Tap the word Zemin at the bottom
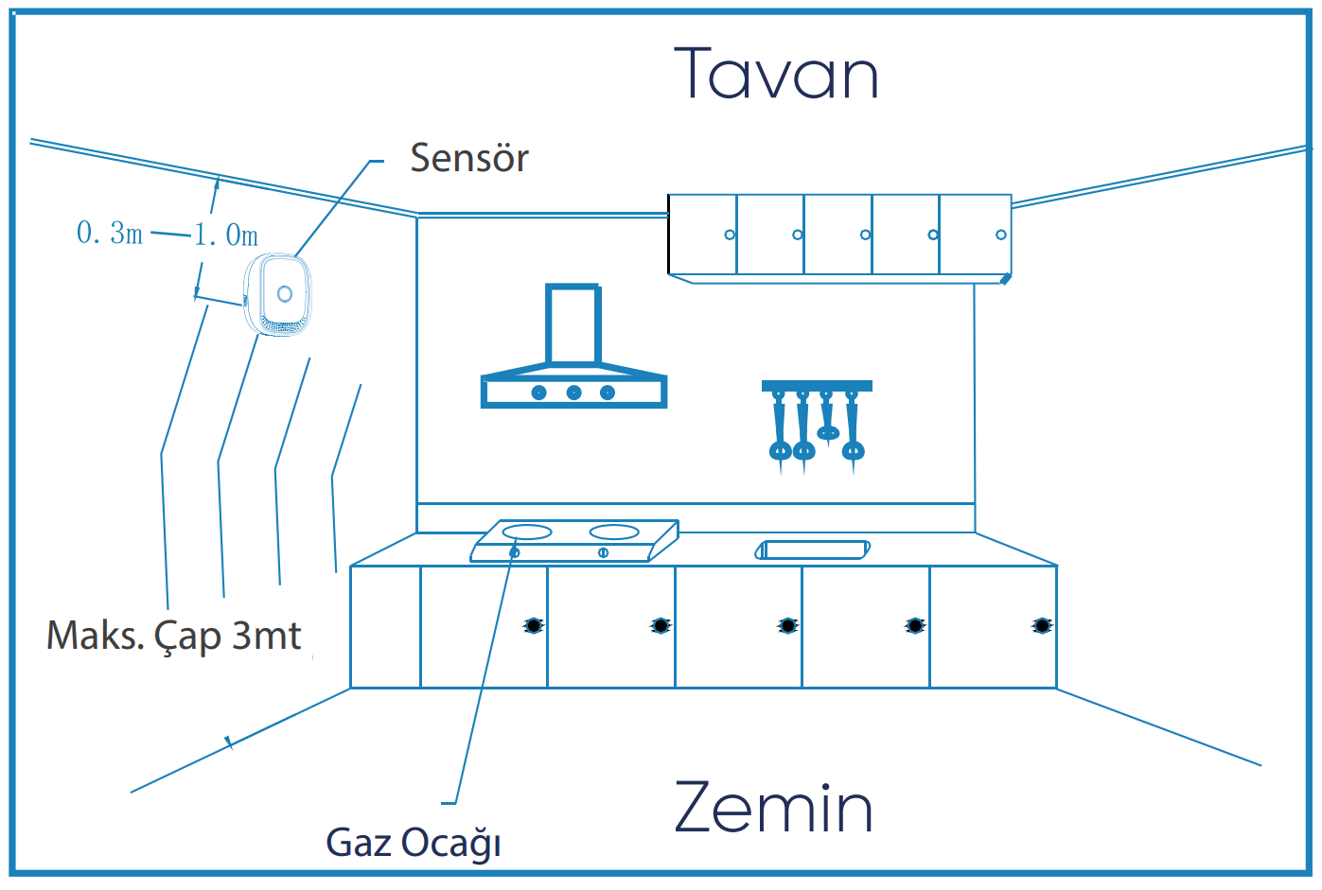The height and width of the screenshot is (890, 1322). point(773,809)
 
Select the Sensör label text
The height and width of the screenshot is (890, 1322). point(469,158)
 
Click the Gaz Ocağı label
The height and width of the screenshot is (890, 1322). point(414,842)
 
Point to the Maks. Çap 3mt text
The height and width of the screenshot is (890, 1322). point(174,636)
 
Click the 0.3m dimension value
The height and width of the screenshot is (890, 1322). point(110,233)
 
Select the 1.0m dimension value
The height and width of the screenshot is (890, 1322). point(226,235)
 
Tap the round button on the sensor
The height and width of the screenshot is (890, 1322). point(284,293)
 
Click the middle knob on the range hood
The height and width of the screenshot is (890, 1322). point(573,393)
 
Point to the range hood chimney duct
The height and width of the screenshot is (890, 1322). point(573,324)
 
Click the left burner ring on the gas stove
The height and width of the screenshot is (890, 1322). point(527,532)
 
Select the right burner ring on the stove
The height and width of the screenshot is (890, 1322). point(614,532)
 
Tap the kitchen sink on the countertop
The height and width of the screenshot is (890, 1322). point(814,550)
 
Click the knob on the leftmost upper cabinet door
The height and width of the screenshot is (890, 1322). point(730,235)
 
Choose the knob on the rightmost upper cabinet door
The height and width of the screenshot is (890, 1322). point(1001,235)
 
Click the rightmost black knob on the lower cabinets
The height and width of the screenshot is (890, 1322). point(1041,625)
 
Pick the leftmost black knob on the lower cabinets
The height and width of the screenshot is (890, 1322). point(534,625)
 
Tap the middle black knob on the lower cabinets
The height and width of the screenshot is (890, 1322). point(787,625)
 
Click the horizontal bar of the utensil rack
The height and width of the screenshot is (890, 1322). point(817,386)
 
